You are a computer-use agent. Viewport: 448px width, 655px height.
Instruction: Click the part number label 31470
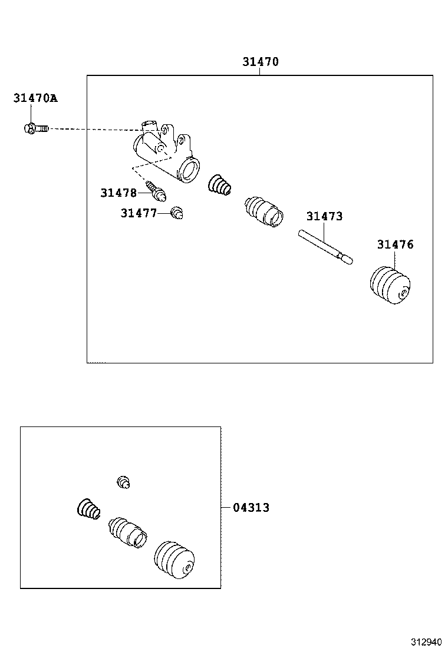pyautogui.click(x=260, y=62)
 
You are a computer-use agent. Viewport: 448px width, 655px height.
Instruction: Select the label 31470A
pyautogui.click(x=35, y=98)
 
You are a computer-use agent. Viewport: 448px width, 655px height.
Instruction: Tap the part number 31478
pyautogui.click(x=118, y=193)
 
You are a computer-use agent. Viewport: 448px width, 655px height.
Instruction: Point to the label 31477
pyautogui.click(x=139, y=213)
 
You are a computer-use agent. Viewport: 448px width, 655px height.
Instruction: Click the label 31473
pyautogui.click(x=324, y=216)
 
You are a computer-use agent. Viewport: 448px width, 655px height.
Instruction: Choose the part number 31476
pyautogui.click(x=396, y=244)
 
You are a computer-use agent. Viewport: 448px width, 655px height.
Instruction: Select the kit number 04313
pyautogui.click(x=251, y=507)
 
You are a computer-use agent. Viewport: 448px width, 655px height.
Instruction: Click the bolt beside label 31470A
pyautogui.click(x=36, y=128)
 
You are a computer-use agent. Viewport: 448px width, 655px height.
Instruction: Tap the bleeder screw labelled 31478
pyautogui.click(x=157, y=190)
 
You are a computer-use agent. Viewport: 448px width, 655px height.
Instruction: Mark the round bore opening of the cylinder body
pyautogui.click(x=189, y=170)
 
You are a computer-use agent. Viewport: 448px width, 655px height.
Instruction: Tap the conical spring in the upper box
pyautogui.click(x=220, y=185)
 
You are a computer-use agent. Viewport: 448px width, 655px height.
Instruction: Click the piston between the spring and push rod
pyautogui.click(x=263, y=211)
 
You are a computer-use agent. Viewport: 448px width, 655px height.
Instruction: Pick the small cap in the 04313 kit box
pyautogui.click(x=123, y=482)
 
